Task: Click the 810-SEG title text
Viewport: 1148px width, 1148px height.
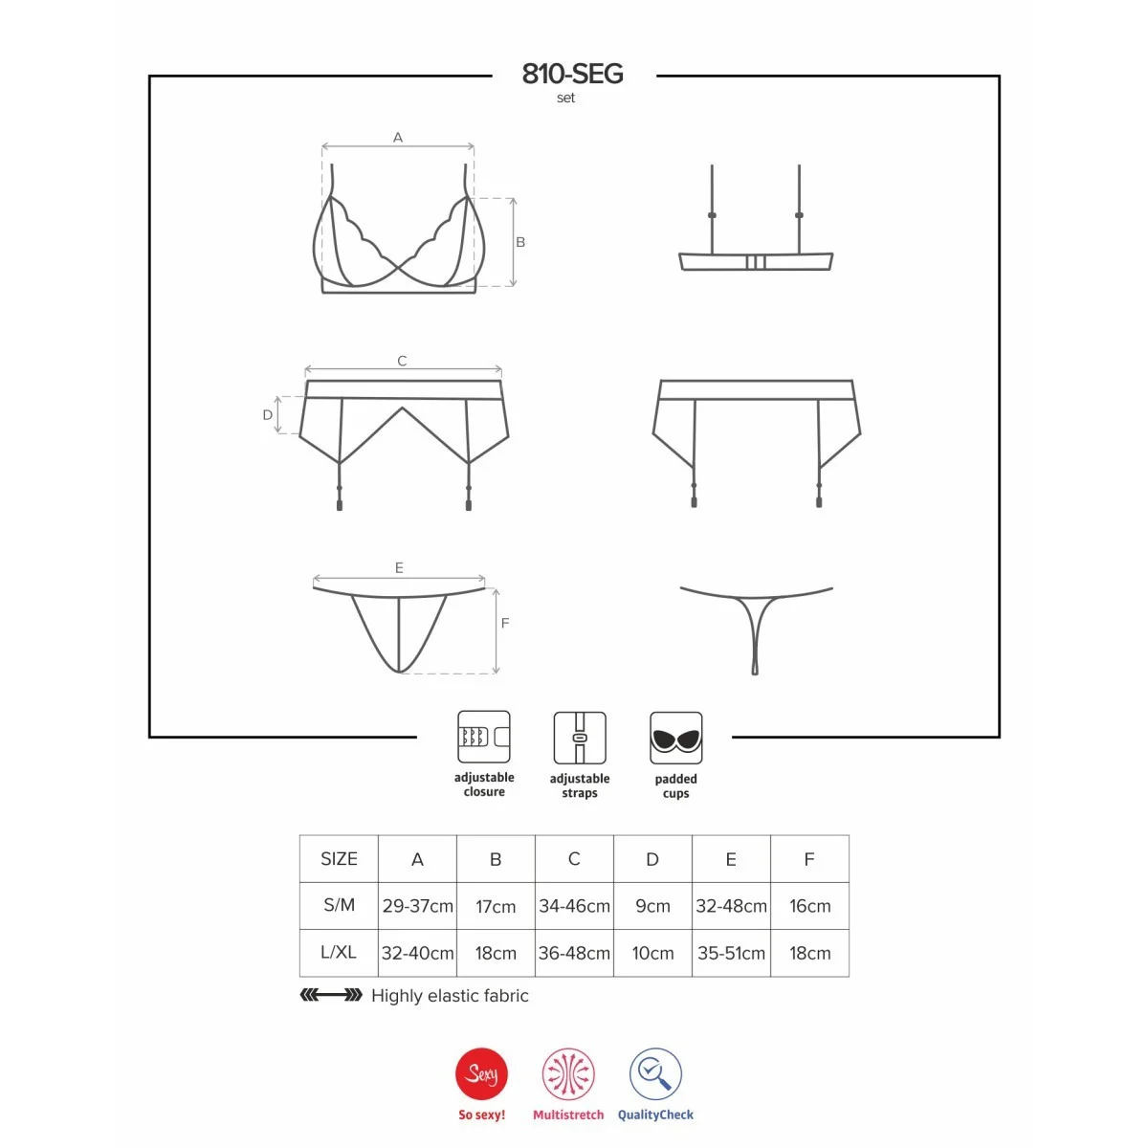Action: [x=572, y=74]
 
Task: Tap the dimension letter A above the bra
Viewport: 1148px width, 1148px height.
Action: [x=398, y=138]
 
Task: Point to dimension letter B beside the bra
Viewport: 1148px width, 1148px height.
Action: [x=520, y=242]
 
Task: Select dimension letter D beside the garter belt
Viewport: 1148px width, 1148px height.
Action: [x=268, y=414]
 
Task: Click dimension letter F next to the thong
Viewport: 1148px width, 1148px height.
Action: [x=505, y=623]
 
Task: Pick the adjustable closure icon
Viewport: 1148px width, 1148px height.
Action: [x=484, y=737]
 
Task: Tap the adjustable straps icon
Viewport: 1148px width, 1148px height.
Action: [x=580, y=738]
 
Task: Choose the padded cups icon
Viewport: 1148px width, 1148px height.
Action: [x=675, y=738]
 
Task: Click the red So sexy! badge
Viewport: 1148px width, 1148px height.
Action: [x=481, y=1073]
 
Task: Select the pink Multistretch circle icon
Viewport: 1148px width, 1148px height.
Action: [x=568, y=1073]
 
